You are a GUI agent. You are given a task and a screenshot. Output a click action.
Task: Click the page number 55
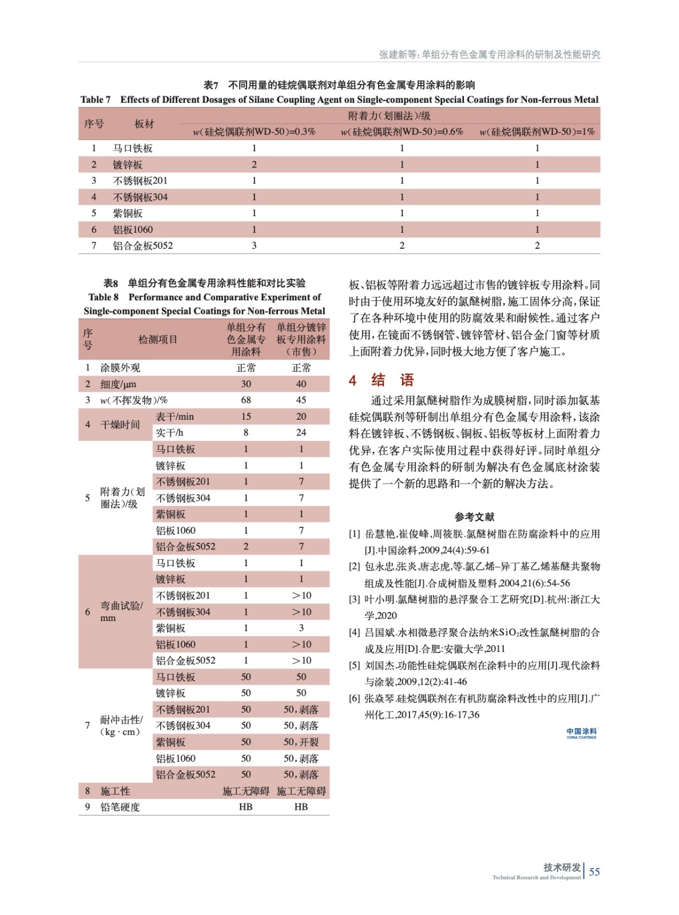tap(594, 872)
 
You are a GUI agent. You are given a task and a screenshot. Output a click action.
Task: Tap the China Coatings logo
tap(581, 733)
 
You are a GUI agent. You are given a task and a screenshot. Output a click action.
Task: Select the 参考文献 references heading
tap(474, 516)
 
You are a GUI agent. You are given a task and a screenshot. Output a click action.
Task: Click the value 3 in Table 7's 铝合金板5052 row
tap(254, 245)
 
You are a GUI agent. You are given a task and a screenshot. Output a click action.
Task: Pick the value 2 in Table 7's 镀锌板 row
tap(254, 165)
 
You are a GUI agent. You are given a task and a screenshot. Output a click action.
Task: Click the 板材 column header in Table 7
tap(144, 124)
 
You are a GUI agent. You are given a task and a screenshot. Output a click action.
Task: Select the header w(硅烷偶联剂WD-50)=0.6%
tap(402, 132)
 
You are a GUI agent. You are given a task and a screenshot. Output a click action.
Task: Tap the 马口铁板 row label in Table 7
tap(133, 148)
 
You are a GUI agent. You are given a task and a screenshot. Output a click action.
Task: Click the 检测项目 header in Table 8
tap(158, 339)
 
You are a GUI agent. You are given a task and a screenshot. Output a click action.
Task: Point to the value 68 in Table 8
tap(246, 400)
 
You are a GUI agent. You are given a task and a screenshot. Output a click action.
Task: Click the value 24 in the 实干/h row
tap(301, 432)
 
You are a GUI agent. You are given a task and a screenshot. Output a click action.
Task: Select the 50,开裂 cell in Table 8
tap(301, 742)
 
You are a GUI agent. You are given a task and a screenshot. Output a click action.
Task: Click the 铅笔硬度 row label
tap(120, 807)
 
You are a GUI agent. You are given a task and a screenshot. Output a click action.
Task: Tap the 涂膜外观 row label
tap(120, 368)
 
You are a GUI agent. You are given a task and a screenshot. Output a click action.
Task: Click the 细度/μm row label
tap(118, 384)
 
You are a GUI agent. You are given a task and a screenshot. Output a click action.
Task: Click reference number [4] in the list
tap(355, 632)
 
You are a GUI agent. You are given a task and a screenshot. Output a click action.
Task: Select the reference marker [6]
tap(355, 698)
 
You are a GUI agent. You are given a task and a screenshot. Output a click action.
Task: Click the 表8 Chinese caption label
tap(110, 283)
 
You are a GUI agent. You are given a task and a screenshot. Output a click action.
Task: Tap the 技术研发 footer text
tap(562, 867)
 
